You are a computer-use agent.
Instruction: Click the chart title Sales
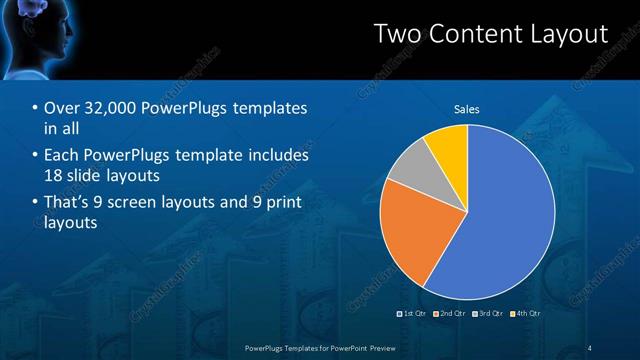467,109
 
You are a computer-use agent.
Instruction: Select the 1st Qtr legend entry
414,313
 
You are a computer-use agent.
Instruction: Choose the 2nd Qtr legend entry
451,313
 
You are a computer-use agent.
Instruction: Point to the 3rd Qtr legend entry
489,313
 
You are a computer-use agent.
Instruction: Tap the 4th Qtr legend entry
526,313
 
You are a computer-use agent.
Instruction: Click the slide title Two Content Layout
490,35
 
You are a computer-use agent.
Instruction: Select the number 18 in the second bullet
53,174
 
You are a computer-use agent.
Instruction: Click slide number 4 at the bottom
590,347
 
